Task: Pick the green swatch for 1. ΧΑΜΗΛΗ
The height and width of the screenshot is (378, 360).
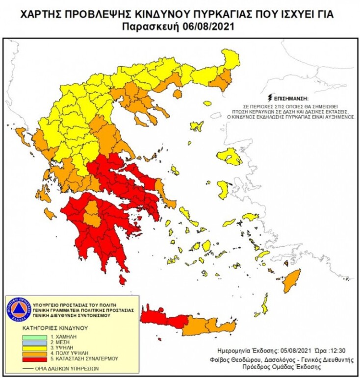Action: click(x=34, y=337)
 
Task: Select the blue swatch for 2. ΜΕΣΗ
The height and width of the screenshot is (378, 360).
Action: click(x=34, y=343)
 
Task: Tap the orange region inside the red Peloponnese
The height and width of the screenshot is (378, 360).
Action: click(x=90, y=215)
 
